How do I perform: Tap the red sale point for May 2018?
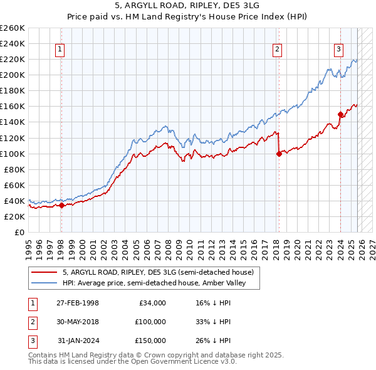279,154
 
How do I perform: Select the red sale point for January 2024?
340,114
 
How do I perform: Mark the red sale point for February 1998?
61,205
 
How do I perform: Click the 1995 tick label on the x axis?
28,245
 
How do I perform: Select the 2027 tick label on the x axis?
371,245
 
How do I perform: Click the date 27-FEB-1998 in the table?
78,303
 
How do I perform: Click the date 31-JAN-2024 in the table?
78,341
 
